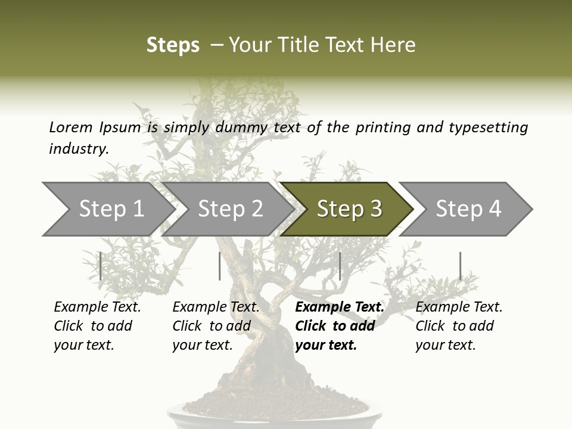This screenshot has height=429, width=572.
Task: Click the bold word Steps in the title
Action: [173, 45]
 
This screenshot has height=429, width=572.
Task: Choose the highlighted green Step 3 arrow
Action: [349, 209]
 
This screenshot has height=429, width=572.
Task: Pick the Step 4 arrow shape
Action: [468, 209]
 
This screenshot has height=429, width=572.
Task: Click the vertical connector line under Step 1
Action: [101, 266]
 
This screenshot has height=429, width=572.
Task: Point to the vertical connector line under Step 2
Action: [220, 266]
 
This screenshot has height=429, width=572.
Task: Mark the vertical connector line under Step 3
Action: [340, 266]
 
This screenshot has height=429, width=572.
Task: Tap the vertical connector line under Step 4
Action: [460, 266]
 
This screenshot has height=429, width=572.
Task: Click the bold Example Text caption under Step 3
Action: [340, 326]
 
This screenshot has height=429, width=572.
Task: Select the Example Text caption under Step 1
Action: [97, 326]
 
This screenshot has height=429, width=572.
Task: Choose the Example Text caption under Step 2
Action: [216, 326]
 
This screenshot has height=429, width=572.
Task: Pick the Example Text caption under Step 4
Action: [459, 326]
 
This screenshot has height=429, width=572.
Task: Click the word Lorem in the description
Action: [71, 127]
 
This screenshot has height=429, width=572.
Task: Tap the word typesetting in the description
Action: [488, 128]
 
